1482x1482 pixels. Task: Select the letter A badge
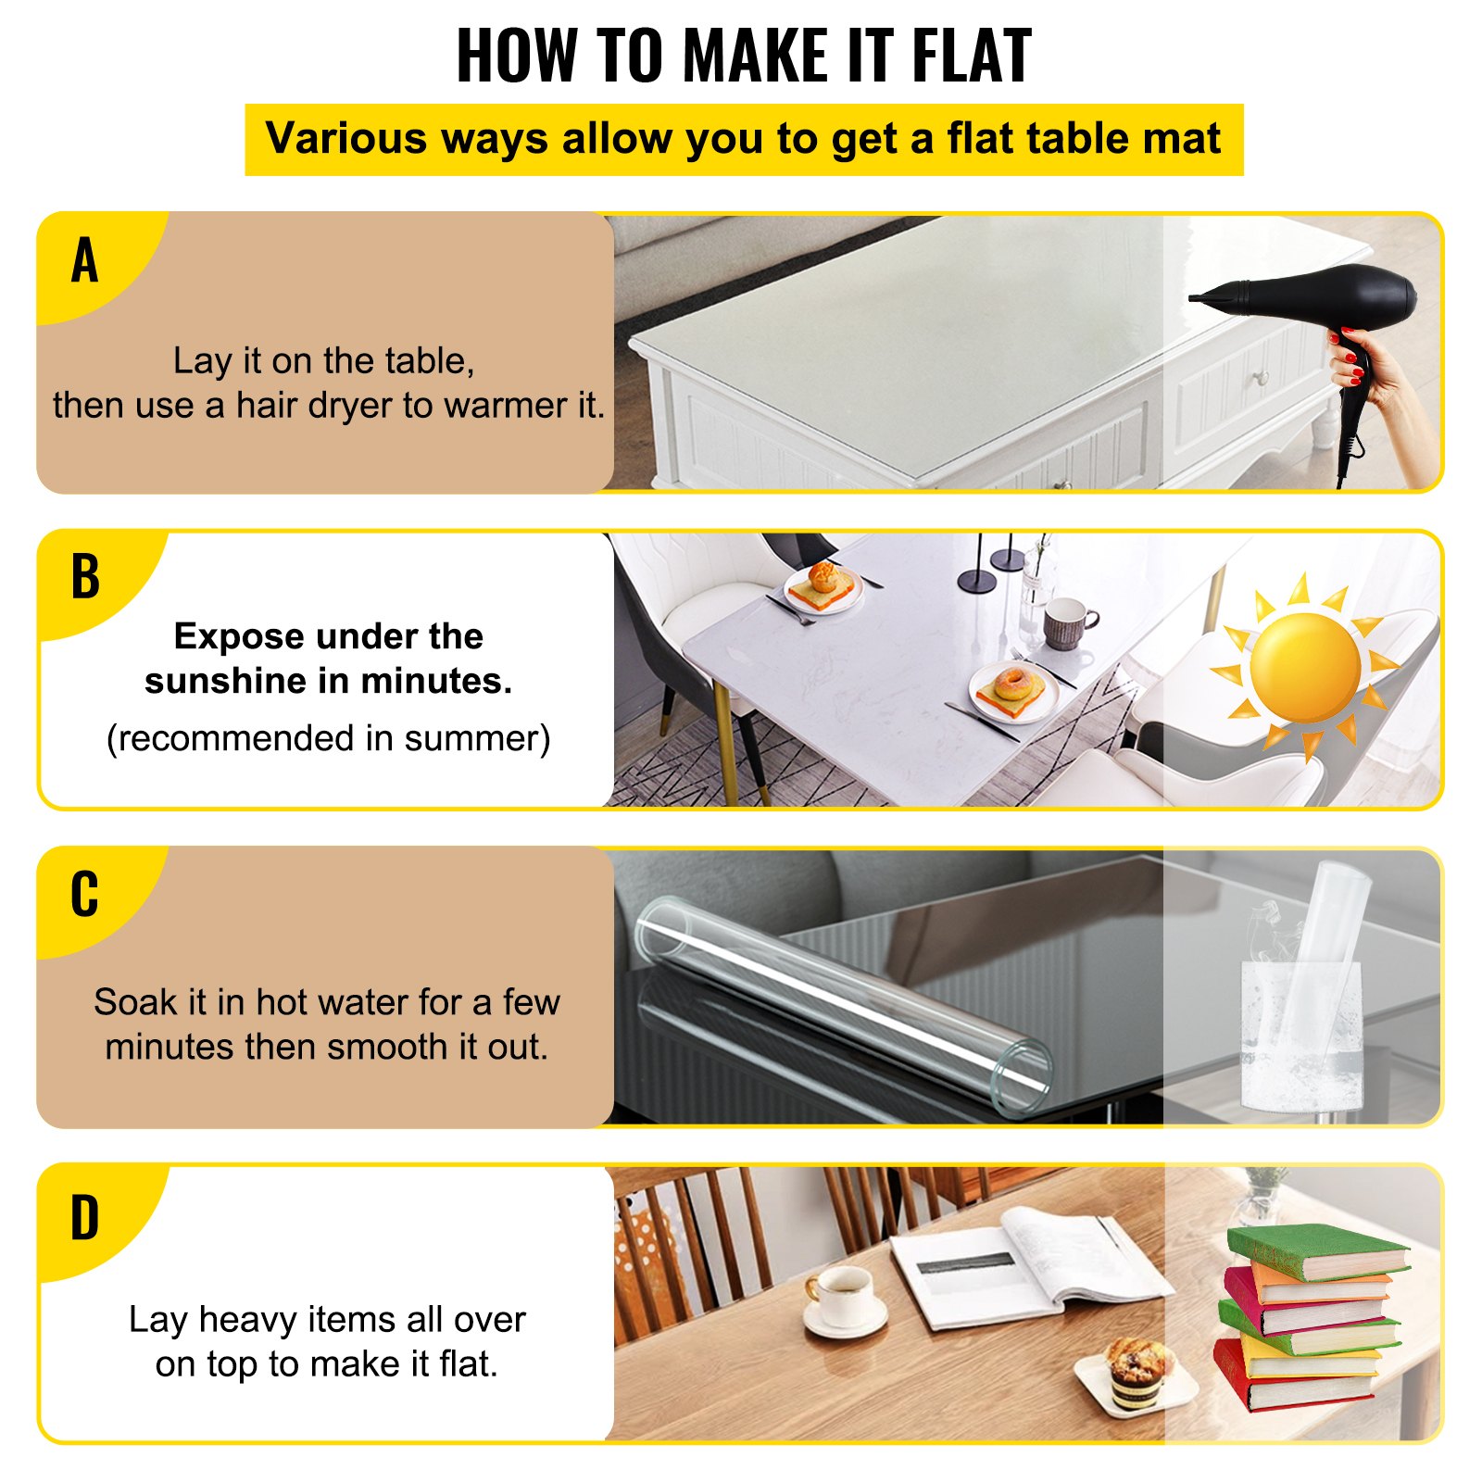click(x=84, y=260)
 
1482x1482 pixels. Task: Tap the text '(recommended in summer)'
click(x=328, y=738)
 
